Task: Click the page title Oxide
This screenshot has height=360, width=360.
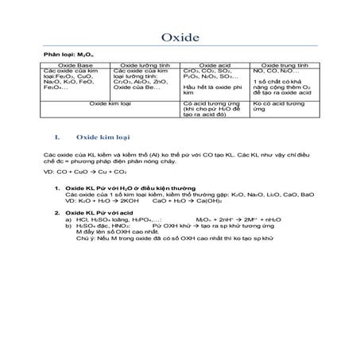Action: click(180, 37)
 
